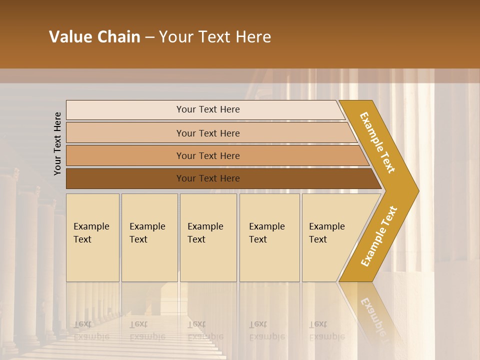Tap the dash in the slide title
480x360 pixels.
pyautogui.click(x=149, y=37)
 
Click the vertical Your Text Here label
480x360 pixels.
pyautogui.click(x=57, y=143)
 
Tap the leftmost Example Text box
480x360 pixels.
pyautogui.click(x=92, y=237)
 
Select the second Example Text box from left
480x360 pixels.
pyautogui.click(x=149, y=237)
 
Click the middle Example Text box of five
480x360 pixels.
pyautogui.click(x=208, y=237)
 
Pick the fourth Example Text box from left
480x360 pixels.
pyautogui.click(x=269, y=237)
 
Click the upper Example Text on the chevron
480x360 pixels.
pyautogui.click(x=377, y=142)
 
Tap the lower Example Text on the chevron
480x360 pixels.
pyautogui.click(x=379, y=236)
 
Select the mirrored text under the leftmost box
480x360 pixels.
pyautogui.click(x=91, y=330)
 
